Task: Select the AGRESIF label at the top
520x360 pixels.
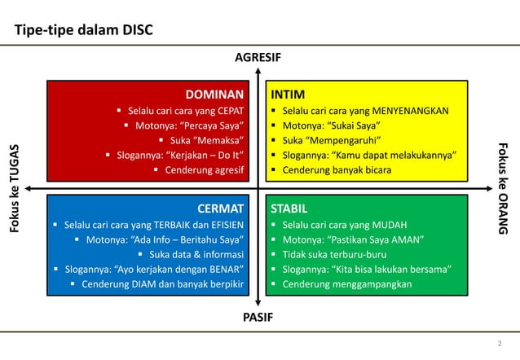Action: pos(258,59)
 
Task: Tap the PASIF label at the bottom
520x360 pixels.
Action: pos(258,316)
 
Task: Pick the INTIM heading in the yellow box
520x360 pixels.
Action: pos(289,94)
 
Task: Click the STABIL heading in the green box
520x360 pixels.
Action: pos(291,209)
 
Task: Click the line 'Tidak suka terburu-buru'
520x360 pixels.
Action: pos(334,254)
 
